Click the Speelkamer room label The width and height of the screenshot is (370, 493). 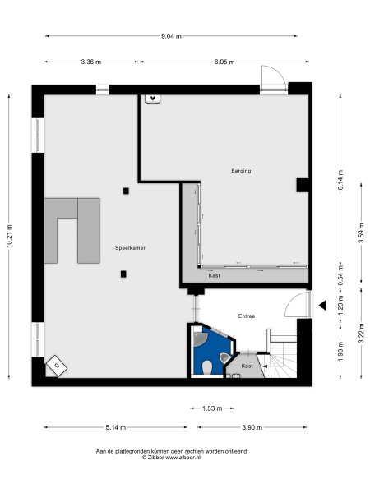[x=132, y=247]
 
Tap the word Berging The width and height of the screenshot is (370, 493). [x=240, y=171]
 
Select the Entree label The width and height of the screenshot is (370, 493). [x=247, y=316]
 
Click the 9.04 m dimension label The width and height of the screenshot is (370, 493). [x=171, y=36]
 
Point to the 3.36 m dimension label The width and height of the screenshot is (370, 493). [x=91, y=62]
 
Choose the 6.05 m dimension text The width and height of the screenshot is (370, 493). [x=224, y=62]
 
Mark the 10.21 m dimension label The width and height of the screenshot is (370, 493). [x=9, y=235]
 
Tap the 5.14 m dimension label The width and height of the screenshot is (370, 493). [x=113, y=427]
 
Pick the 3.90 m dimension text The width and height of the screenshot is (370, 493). [x=252, y=427]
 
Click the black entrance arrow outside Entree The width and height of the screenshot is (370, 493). [x=323, y=305]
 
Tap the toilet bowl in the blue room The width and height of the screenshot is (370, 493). [x=209, y=365]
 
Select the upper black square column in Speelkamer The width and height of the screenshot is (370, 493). [x=126, y=191]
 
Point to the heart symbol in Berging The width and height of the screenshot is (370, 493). [x=152, y=99]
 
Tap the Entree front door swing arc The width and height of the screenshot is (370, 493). [x=294, y=306]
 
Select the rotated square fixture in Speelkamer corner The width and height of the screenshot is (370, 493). [x=57, y=363]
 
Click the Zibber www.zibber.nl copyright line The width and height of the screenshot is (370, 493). [x=171, y=458]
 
